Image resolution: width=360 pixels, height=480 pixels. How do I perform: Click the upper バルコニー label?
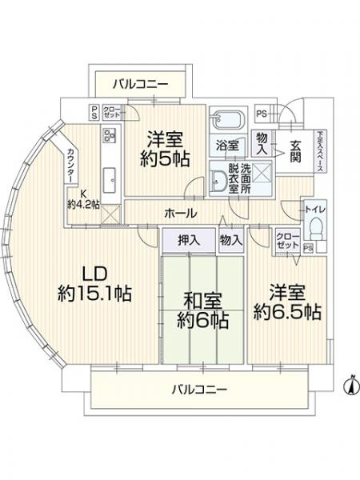(x=140, y=82)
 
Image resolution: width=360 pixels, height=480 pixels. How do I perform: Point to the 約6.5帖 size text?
(x=288, y=313)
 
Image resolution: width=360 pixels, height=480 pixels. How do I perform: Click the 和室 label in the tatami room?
(x=203, y=303)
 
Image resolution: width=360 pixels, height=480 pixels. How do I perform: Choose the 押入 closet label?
(x=189, y=240)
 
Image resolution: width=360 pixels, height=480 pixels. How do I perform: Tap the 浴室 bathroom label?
(x=226, y=146)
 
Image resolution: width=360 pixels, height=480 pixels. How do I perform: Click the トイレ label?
(x=314, y=210)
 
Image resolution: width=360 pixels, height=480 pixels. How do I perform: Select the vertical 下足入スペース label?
(x=318, y=152)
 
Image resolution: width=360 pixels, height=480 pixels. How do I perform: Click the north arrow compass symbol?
(x=348, y=385)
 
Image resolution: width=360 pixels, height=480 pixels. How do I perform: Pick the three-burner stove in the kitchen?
(x=108, y=141)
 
